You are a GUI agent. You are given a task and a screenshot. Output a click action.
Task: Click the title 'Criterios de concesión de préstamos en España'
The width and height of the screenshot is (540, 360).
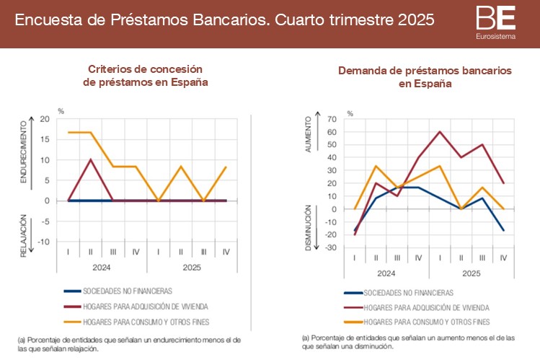click(x=146, y=76)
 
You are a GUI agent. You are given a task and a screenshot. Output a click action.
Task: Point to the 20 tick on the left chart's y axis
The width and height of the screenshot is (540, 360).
click(x=45, y=119)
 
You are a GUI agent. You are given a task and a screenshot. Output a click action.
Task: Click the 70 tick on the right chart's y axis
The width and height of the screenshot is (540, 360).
click(x=332, y=119)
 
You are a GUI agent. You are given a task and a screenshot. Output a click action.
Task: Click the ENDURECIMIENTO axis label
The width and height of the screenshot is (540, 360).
click(x=23, y=152)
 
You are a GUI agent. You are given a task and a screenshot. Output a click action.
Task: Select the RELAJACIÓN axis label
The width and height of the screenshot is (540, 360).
click(x=23, y=235)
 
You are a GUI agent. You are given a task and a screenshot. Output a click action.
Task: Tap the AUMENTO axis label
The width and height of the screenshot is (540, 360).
click(x=309, y=133)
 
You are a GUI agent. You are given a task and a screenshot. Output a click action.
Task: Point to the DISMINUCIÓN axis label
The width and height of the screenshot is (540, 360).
click(x=307, y=228)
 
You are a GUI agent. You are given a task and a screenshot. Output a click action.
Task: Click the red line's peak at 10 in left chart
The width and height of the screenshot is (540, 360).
click(x=90, y=159)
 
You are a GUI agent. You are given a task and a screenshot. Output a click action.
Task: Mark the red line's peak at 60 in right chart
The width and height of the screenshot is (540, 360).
click(x=440, y=131)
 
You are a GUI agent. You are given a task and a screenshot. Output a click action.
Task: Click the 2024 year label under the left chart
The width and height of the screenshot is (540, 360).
click(x=102, y=268)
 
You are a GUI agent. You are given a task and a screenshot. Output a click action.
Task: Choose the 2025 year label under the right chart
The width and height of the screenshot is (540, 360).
click(x=472, y=273)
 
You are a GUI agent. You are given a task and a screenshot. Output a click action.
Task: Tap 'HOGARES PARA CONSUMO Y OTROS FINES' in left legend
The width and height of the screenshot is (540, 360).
click(x=151, y=321)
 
